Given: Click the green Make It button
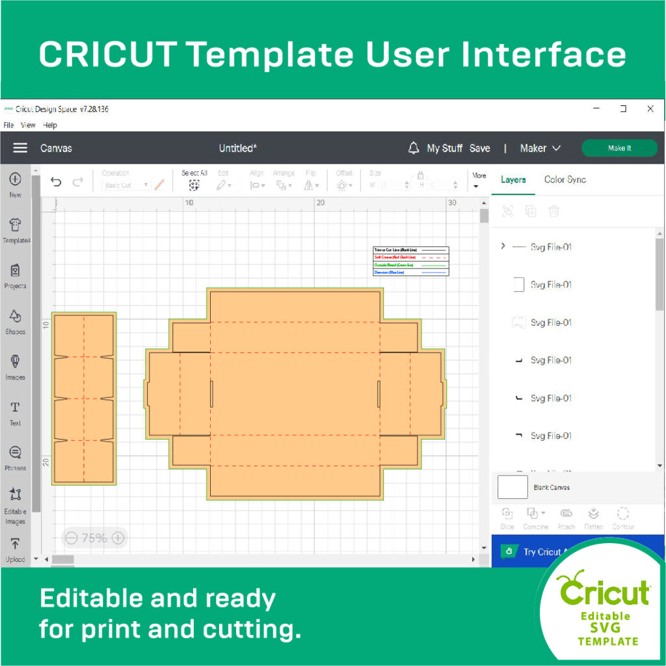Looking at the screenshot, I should pyautogui.click(x=619, y=148).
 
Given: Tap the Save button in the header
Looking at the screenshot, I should pyautogui.click(x=479, y=148).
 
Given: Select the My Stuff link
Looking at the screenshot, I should pyautogui.click(x=444, y=148).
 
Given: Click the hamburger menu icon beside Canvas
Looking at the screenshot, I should pyautogui.click(x=20, y=148).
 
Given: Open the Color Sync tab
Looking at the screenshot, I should pyautogui.click(x=565, y=180).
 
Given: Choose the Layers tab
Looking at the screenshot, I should pyautogui.click(x=513, y=180).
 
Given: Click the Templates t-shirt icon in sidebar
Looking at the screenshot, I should pyautogui.click(x=16, y=226).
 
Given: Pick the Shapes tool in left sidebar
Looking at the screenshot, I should pyautogui.click(x=16, y=317).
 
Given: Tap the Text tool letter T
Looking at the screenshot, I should pyautogui.click(x=16, y=408).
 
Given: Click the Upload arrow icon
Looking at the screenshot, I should pyautogui.click(x=16, y=544).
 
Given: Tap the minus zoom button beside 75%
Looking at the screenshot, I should pyautogui.click(x=72, y=538).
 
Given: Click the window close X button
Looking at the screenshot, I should pyautogui.click(x=650, y=109).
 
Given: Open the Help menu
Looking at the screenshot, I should pyautogui.click(x=50, y=125).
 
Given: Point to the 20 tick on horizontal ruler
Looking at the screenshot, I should pyautogui.click(x=320, y=203).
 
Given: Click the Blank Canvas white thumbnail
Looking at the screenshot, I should pyautogui.click(x=513, y=487).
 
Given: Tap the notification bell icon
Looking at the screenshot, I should pyautogui.click(x=414, y=148).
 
